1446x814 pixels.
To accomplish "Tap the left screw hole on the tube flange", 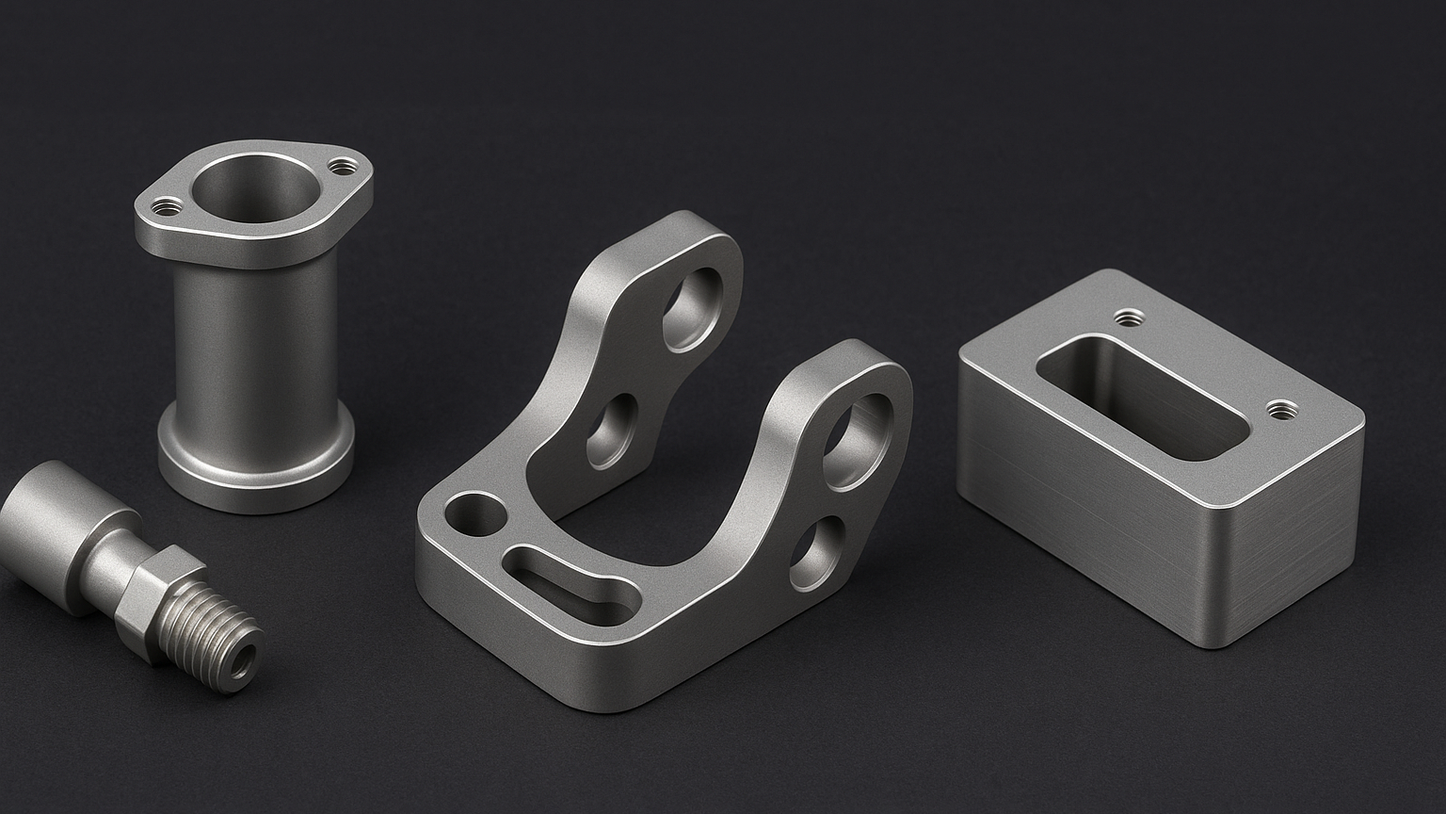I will point(169,205).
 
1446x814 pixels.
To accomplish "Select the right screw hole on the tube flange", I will point(340,167).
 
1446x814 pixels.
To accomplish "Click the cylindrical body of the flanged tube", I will point(254,339).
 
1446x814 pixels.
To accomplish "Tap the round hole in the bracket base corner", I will point(475,515).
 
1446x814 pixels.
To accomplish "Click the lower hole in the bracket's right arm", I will point(816,552).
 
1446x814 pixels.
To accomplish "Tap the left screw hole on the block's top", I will point(1127,317).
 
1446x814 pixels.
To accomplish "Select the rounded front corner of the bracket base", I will point(602,692).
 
